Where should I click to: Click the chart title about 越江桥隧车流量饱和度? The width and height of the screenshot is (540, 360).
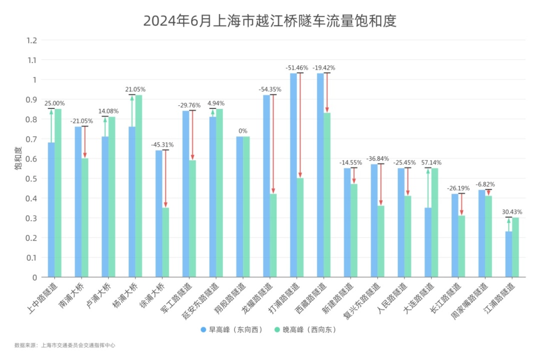pyautogui.click(x=270, y=21)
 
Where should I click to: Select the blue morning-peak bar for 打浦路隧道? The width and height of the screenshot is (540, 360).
pyautogui.click(x=293, y=175)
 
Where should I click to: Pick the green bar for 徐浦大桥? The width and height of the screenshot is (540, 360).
pyautogui.click(x=165, y=242)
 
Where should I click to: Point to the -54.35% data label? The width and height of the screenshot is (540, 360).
pyautogui.click(x=269, y=89)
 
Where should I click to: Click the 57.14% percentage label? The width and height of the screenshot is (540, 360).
pyautogui.click(x=431, y=163)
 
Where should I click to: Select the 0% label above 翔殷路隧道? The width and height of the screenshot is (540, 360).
pyautogui.click(x=243, y=131)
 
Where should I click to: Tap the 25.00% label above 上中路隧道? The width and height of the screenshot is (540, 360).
pyautogui.click(x=55, y=103)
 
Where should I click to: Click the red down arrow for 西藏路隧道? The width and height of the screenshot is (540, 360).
pyautogui.click(x=327, y=93)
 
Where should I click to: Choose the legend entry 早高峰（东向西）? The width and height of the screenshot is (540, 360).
pyautogui.click(x=232, y=330)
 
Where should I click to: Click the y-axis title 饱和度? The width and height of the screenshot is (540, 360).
pyautogui.click(x=18, y=158)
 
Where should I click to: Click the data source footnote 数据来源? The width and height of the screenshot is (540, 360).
pyautogui.click(x=65, y=345)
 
